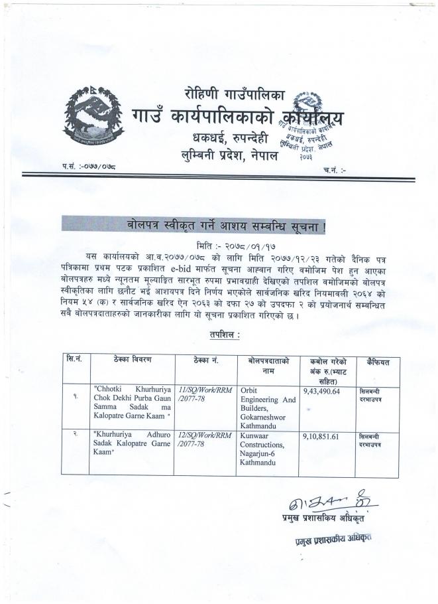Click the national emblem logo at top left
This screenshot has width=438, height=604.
point(93,117)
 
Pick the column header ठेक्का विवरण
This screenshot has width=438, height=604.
point(132,360)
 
